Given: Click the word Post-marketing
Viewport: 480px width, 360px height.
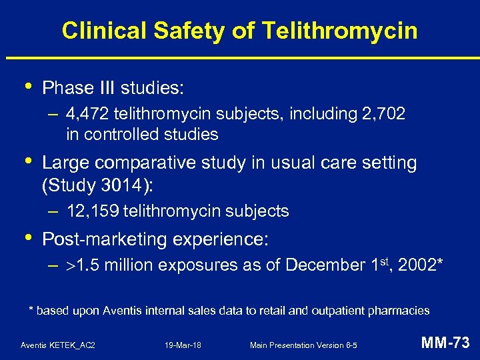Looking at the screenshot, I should point(98,239).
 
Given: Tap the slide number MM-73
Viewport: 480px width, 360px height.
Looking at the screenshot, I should point(445,343).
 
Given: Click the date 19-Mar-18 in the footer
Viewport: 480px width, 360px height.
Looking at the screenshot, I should point(183,345).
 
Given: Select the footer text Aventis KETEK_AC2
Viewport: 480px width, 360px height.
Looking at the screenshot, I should point(58,345).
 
